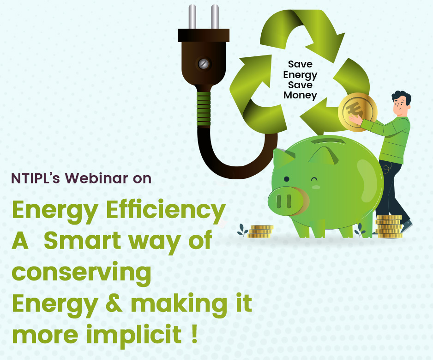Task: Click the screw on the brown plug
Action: [204, 64]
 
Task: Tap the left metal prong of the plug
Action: [192, 17]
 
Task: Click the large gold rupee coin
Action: [358, 112]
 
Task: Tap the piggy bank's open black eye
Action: [287, 179]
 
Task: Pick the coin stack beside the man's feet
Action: [389, 227]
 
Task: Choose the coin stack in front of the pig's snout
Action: [260, 232]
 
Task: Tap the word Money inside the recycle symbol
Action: [300, 95]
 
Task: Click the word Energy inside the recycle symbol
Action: [300, 75]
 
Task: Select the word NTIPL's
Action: [36, 178]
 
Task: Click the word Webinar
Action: [96, 178]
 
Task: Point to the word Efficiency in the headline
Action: [166, 211]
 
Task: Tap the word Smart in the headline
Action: [83, 241]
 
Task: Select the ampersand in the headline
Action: [114, 304]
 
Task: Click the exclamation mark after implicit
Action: [194, 334]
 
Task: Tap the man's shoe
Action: [407, 226]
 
